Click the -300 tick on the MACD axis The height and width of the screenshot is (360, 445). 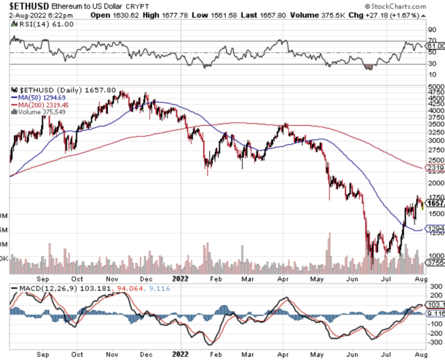pyautogui.click(x=435, y=342)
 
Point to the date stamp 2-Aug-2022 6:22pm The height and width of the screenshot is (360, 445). pyautogui.click(x=34, y=15)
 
